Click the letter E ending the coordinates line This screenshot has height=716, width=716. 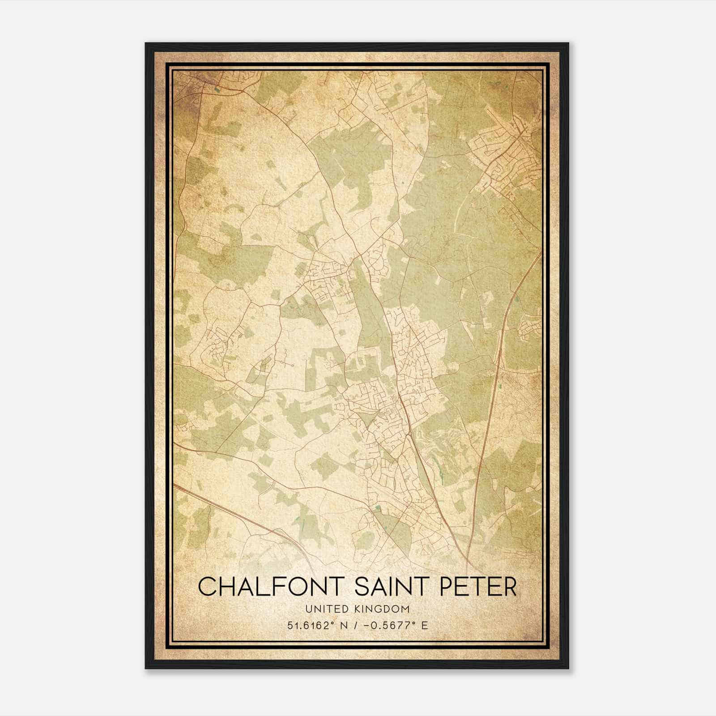click(425, 625)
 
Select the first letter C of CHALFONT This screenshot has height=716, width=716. click(207, 587)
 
